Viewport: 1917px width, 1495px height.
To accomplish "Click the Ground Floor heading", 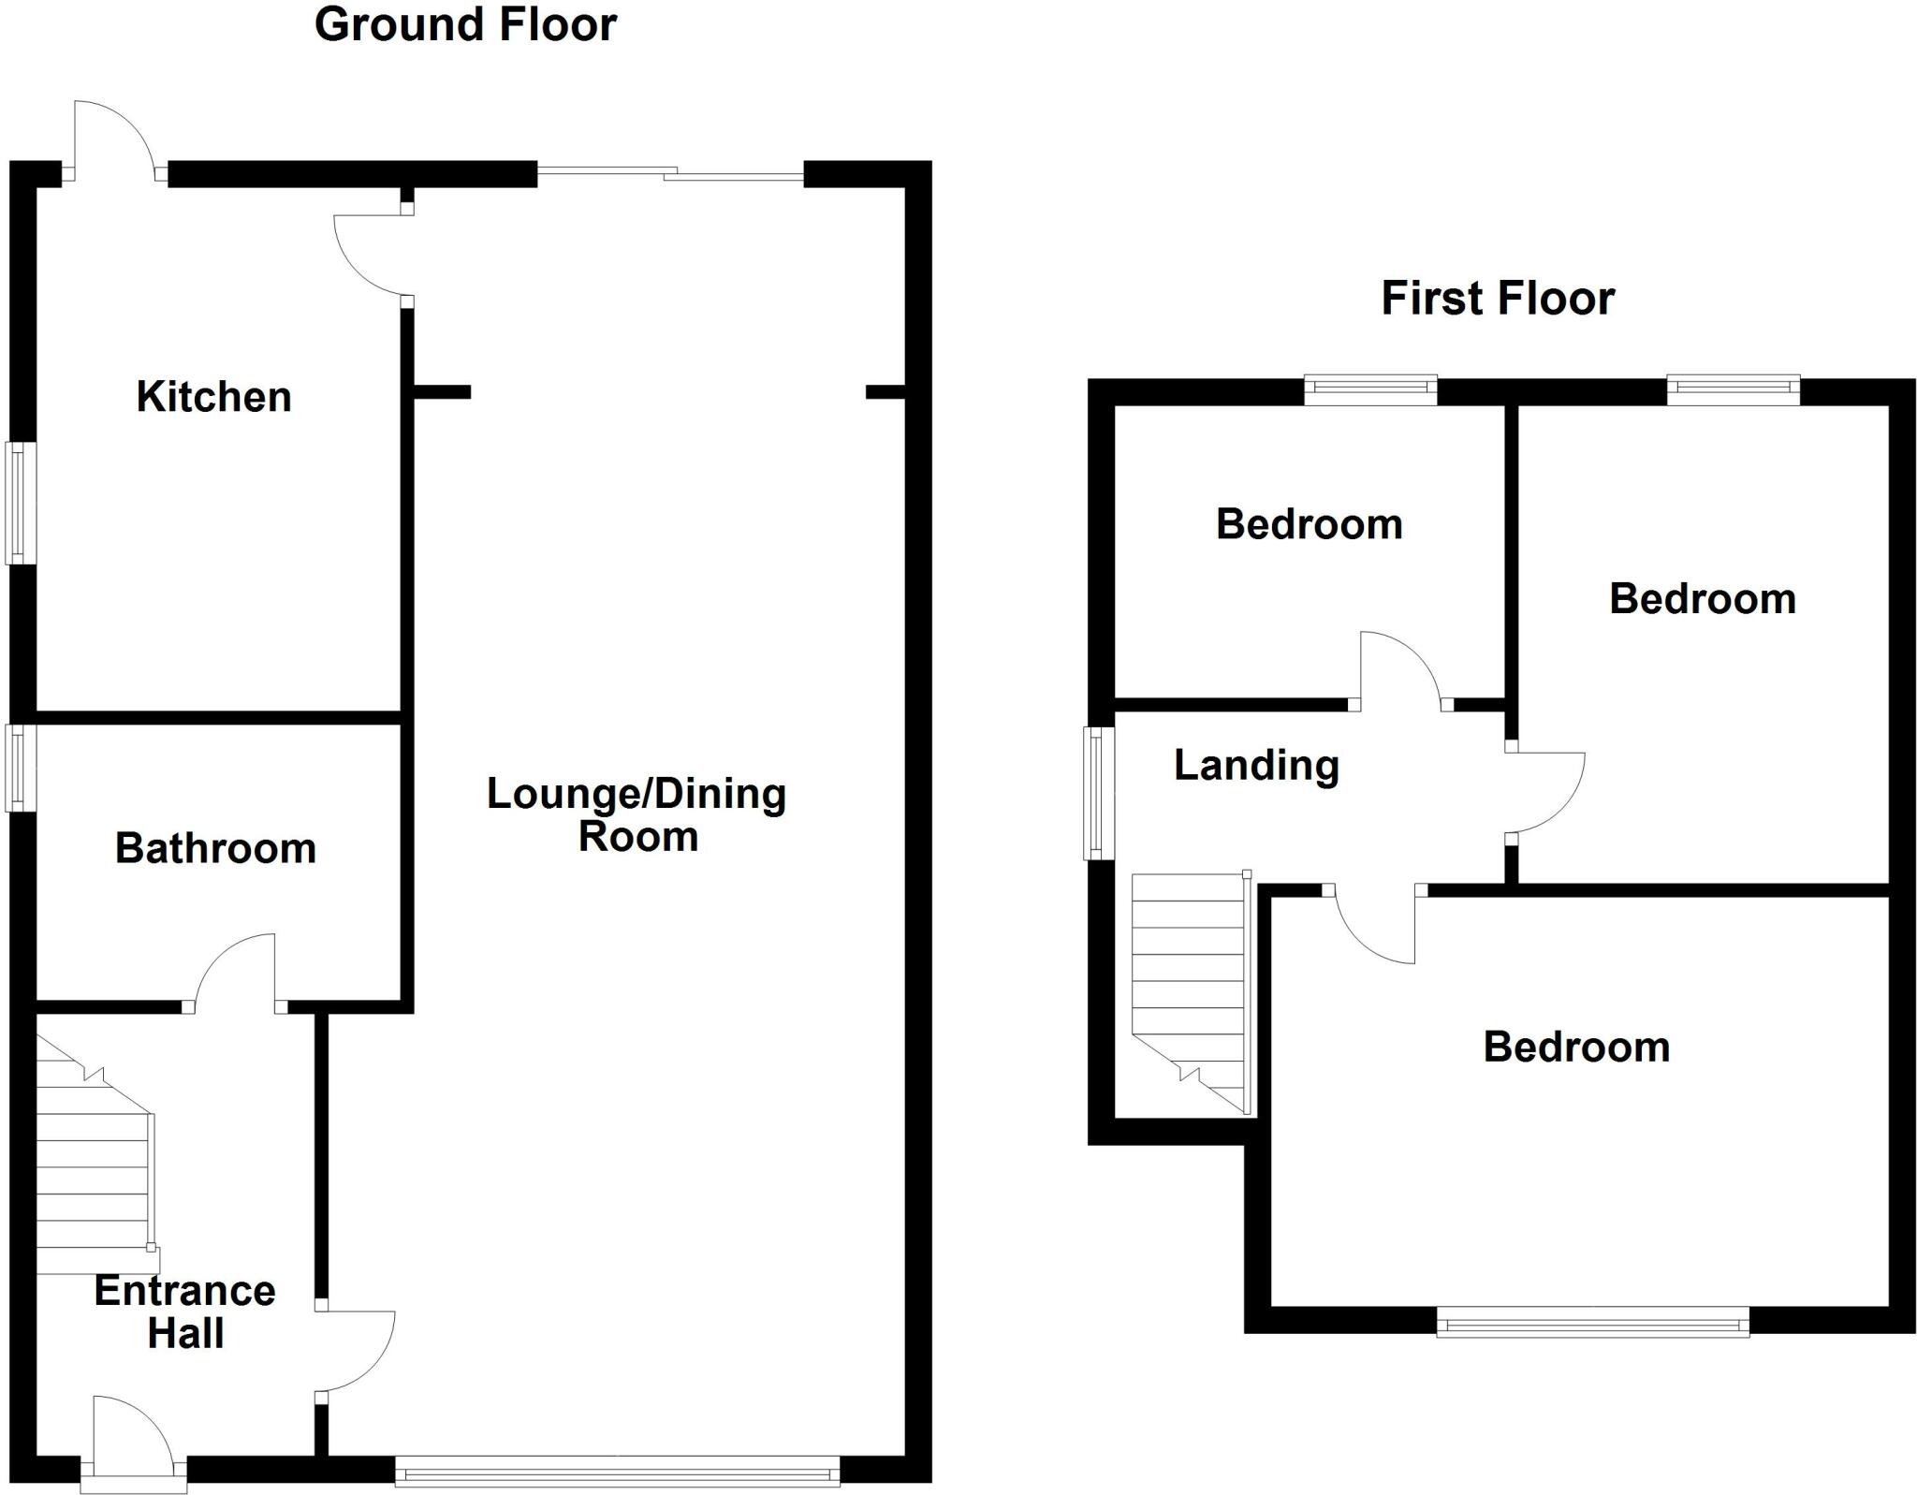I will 465,25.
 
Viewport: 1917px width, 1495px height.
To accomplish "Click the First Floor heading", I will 1498,299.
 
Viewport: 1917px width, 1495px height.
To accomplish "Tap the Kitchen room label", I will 213,397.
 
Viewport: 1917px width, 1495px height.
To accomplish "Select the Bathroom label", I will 215,848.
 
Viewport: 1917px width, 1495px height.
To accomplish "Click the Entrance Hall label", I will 185,1312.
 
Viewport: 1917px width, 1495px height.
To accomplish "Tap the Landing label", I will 1256,765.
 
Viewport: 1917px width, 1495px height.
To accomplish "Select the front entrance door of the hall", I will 132,1436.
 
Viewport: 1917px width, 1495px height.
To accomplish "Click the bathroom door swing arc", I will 234,969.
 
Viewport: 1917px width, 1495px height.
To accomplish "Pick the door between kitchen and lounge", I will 370,257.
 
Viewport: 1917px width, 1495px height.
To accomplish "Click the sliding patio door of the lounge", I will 670,173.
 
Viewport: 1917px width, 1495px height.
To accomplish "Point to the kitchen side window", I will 22,503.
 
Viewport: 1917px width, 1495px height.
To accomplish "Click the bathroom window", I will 21,768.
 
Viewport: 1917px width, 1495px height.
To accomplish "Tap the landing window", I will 1100,792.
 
